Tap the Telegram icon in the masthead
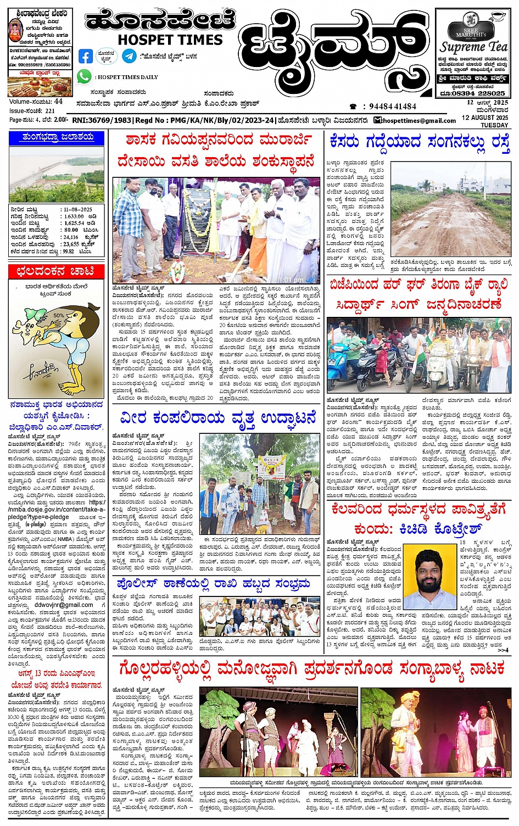click(x=129, y=56)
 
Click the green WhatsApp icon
click(x=84, y=77)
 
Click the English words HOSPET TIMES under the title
click(x=170, y=40)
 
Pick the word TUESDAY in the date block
click(x=494, y=125)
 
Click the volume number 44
click(x=58, y=102)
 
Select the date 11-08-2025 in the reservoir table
click(x=77, y=209)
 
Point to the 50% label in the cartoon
click(x=59, y=315)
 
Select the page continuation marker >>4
click(x=503, y=650)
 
